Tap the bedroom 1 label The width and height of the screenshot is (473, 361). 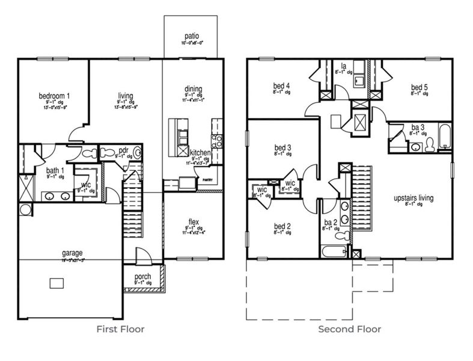tap(54, 96)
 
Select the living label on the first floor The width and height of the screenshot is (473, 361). tap(126, 96)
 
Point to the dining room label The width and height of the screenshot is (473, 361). tap(193, 89)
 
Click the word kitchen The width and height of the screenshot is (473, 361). tap(200, 153)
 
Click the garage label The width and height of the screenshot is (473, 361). tap(72, 253)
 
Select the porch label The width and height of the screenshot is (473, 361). tap(142, 276)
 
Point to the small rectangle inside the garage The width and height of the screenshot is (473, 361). tap(57, 283)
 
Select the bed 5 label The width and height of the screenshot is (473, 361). tap(420, 86)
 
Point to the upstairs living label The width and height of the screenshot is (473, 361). tap(413, 197)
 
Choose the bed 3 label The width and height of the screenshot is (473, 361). tap(282, 147)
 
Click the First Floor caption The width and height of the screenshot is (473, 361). tap(120, 329)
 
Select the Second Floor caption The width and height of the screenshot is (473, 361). tap(349, 329)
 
